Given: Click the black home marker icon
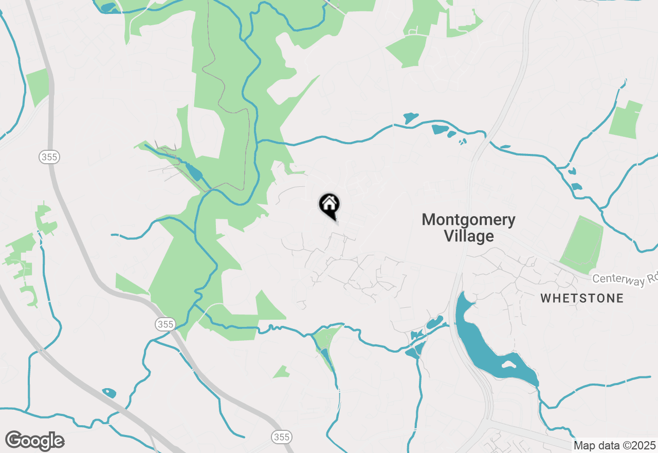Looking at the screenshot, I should point(329,205).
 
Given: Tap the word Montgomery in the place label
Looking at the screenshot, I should point(468,220).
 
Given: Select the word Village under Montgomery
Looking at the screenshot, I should point(468,236).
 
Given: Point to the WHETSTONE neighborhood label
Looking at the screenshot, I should point(582,298).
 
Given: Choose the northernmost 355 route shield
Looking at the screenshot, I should point(49,157).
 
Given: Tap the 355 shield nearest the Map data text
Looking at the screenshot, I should point(282,437).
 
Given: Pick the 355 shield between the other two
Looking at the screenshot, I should point(165,324).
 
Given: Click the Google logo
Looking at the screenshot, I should point(35,441).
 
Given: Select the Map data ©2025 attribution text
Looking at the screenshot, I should point(614,445).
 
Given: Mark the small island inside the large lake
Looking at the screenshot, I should point(509,364).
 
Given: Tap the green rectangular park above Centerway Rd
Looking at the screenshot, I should point(582,245).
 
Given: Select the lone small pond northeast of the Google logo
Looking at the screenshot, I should point(109,393).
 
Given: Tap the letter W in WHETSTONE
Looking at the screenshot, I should point(545,298).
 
